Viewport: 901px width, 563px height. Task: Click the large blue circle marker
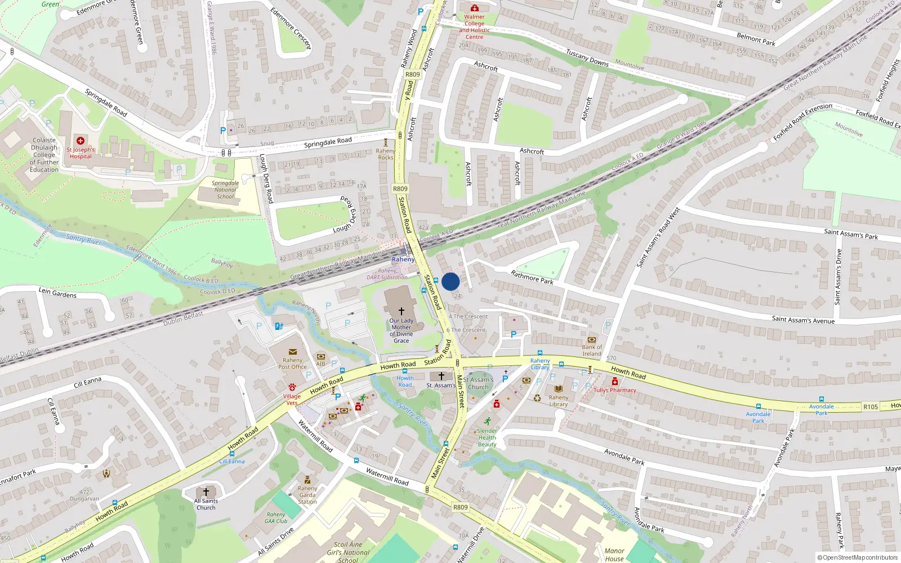[450, 281]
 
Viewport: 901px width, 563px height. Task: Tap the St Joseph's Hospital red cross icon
[81, 141]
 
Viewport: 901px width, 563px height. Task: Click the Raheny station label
[403, 260]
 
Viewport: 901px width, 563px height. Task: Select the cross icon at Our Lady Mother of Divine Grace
[402, 311]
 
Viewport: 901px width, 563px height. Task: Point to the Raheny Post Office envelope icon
[292, 352]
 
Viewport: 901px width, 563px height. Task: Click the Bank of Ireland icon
[591, 339]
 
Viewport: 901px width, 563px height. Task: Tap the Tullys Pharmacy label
[614, 390]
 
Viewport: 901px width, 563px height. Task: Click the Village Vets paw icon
[292, 387]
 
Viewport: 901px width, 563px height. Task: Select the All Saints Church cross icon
[206, 492]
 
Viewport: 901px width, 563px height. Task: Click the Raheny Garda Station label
[307, 495]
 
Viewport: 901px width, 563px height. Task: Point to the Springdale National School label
[225, 190]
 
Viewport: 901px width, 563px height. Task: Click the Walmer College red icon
[474, 8]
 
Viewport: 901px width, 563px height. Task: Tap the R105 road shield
[870, 406]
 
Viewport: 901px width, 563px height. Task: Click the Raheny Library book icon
[558, 388]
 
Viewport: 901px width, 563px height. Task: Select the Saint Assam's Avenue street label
[803, 320]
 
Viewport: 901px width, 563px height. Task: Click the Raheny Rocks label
[386, 154]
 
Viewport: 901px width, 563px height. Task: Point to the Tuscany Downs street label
[587, 58]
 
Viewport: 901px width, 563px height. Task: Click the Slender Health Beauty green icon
[487, 421]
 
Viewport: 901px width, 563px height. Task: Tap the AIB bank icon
[320, 356]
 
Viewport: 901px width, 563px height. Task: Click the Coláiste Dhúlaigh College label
[44, 155]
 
